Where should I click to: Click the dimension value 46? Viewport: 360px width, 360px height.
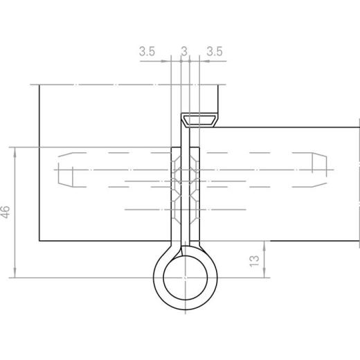click(x=6, y=212)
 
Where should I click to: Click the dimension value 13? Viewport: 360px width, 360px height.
click(x=254, y=260)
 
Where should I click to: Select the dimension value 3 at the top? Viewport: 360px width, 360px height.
click(x=183, y=51)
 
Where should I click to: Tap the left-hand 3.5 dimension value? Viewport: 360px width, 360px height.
click(x=147, y=51)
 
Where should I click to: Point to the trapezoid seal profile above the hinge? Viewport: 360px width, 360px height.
click(x=199, y=120)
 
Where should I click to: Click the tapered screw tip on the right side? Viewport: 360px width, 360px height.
click(x=318, y=170)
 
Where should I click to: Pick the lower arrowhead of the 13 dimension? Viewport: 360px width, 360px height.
click(x=264, y=275)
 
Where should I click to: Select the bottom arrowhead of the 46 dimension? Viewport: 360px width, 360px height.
click(x=15, y=275)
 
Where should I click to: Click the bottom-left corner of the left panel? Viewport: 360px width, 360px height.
click(x=39, y=241)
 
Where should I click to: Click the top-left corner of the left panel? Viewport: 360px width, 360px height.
click(x=39, y=84)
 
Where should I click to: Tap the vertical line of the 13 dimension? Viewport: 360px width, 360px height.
click(x=264, y=260)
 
